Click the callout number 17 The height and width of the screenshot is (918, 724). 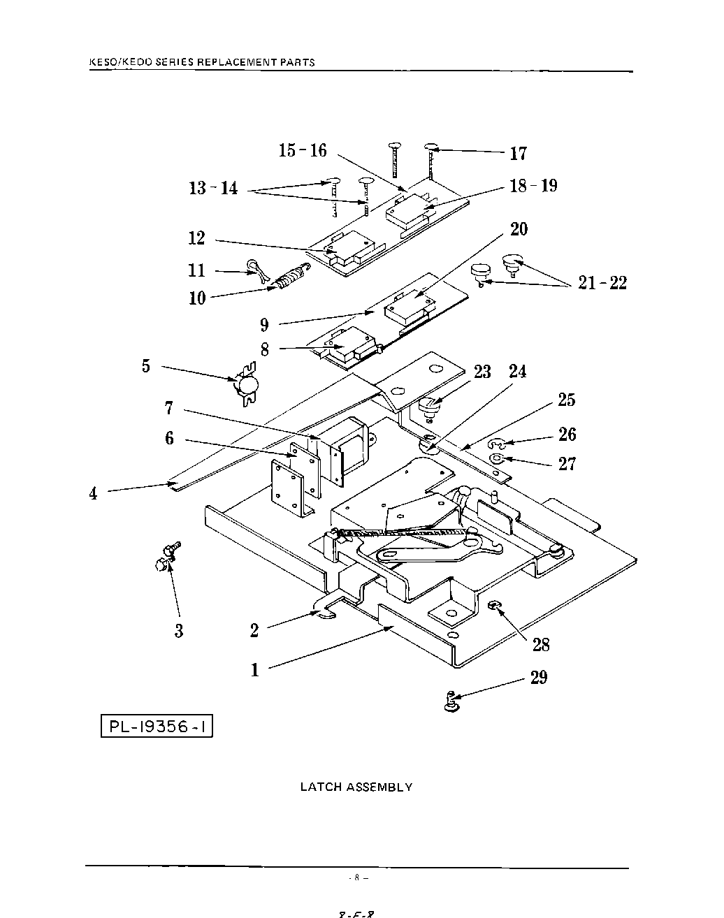pos(518,153)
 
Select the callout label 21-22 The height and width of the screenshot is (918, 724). pos(602,283)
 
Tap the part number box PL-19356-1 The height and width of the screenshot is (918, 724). pos(157,727)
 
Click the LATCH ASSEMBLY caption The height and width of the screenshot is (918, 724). pos(356,787)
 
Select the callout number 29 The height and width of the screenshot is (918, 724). pos(539,677)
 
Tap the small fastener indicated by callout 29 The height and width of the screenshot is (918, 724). pos(451,701)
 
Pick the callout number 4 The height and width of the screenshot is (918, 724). pos(93,493)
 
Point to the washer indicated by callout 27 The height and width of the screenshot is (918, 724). pos(497,459)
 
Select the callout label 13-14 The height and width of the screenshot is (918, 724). pos(213,188)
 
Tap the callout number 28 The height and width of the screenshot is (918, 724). pos(541,644)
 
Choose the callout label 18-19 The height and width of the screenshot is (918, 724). pos(533,186)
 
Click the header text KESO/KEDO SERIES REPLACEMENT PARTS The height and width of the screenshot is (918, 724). pos(203,61)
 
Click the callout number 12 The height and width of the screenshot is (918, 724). pos(196,238)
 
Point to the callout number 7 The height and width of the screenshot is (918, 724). pos(168,408)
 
